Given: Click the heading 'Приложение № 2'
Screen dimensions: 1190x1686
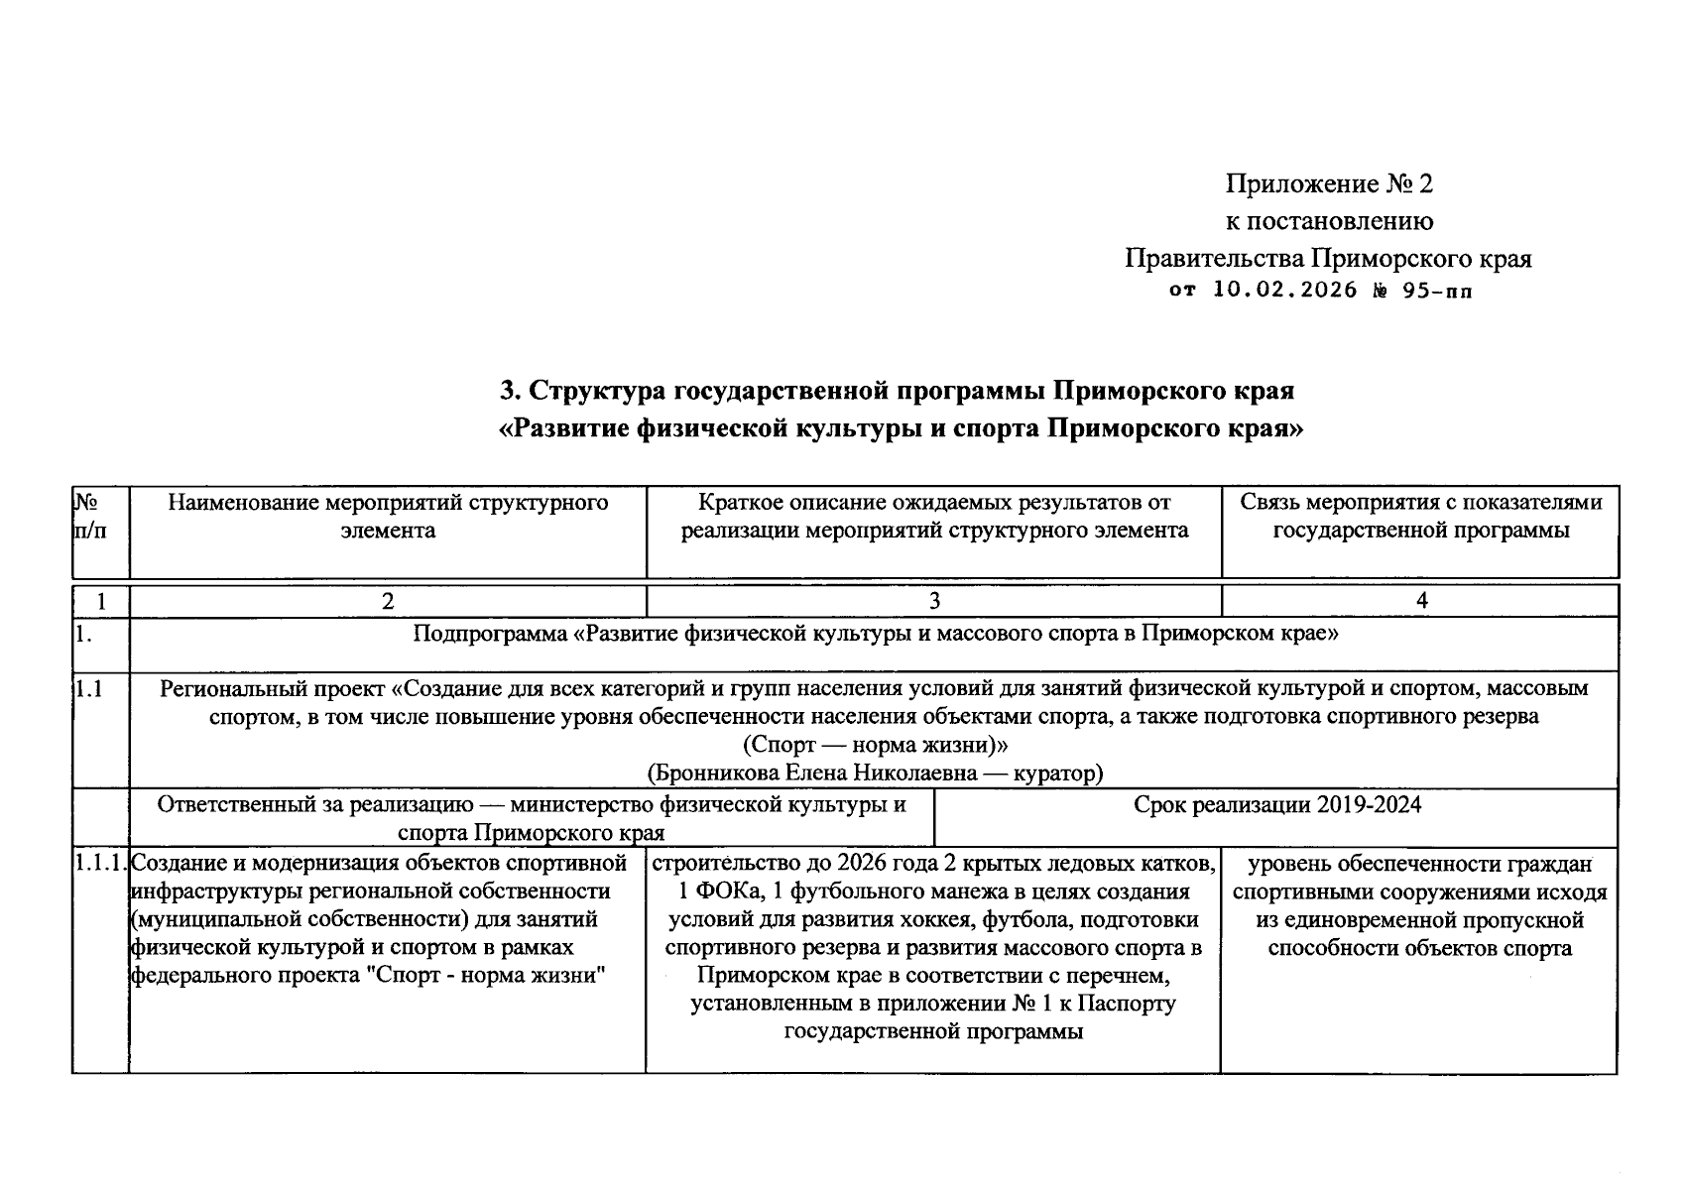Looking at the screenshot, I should coord(1329,184).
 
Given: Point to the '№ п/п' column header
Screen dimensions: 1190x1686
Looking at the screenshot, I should coord(89,517).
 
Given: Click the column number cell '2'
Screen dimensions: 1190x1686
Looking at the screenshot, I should coord(388,601).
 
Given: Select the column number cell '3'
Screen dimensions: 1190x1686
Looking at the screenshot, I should coord(933,601).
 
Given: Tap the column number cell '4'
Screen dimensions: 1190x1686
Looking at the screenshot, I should coord(1421,601).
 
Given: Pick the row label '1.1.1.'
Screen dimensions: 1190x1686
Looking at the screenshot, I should coord(100,864).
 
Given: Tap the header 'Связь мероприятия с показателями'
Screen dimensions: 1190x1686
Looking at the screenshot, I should coord(1420,503).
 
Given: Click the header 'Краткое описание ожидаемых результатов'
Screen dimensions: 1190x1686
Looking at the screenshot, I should coord(933,503).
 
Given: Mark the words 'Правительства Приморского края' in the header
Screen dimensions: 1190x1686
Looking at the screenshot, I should coord(1328,259).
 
